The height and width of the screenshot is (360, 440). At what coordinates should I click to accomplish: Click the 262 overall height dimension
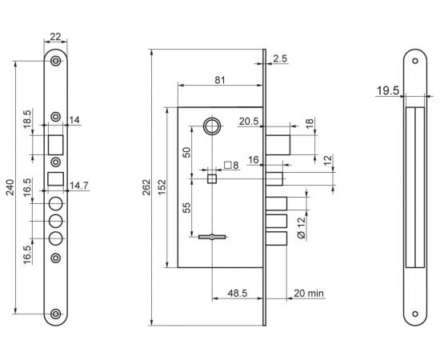pyautogui.click(x=146, y=187)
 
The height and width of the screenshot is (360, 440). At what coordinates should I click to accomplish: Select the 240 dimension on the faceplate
pyautogui.click(x=10, y=187)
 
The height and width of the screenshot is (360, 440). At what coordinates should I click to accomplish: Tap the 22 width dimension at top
pyautogui.click(x=55, y=37)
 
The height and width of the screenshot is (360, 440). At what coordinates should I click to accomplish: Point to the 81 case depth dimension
pyautogui.click(x=220, y=80)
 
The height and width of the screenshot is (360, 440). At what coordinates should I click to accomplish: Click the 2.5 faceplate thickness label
pyautogui.click(x=280, y=58)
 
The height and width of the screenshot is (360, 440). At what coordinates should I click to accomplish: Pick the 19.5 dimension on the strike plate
pyautogui.click(x=387, y=91)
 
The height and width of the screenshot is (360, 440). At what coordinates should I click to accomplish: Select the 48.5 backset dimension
pyautogui.click(x=238, y=294)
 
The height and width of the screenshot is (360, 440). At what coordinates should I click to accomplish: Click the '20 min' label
pyautogui.click(x=309, y=294)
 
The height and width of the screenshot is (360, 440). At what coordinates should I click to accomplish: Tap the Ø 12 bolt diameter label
pyautogui.click(x=301, y=228)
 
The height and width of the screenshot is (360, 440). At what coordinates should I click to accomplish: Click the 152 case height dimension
pyautogui.click(x=162, y=187)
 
